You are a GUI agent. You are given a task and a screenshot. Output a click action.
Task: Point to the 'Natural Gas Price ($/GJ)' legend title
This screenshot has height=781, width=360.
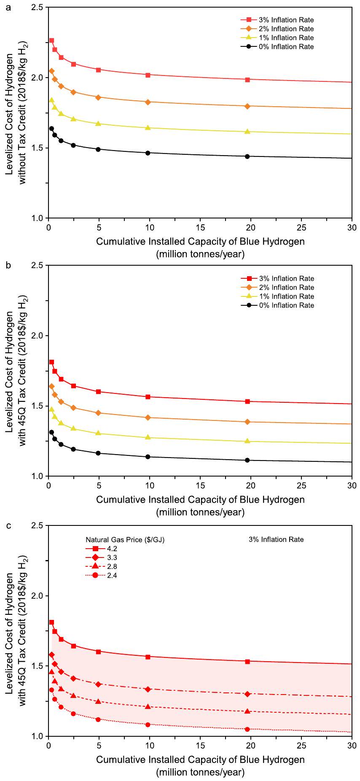coord(125,539)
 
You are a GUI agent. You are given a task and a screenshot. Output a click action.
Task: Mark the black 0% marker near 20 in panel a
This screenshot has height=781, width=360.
coord(247,156)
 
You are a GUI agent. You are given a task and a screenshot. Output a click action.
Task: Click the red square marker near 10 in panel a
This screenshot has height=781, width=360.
coord(148,75)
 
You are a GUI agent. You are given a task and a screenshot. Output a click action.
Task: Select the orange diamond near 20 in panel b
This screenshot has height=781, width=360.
coord(247,422)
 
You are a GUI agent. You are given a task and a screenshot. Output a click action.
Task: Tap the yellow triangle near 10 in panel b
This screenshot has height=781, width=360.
coord(148,437)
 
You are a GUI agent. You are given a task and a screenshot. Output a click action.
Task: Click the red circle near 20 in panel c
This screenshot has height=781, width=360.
coord(247,729)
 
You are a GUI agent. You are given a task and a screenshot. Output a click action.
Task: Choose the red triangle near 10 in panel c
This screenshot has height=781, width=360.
coord(148,706)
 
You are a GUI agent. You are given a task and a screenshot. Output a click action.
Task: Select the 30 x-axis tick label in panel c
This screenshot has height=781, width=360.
coord(352,746)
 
